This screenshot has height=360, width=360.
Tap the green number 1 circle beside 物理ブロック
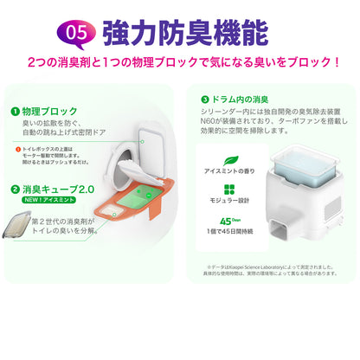tap(16, 112)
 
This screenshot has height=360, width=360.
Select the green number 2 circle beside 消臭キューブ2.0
tap(16, 189)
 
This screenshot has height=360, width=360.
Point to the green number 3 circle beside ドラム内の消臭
tap(205, 99)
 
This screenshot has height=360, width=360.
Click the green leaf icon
tap(228, 162)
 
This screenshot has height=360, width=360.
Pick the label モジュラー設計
tap(228, 205)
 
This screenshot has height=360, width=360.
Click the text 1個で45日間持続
tap(228, 231)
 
